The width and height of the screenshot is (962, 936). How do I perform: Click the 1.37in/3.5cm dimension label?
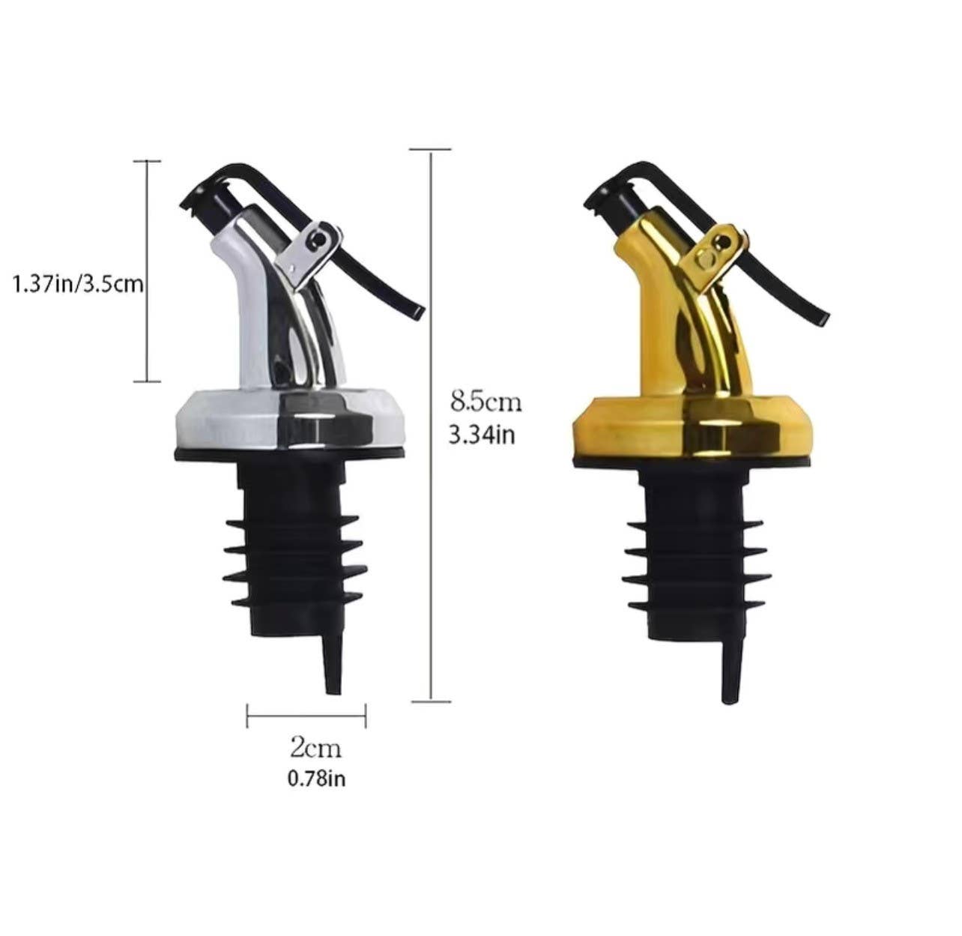pyautogui.click(x=78, y=285)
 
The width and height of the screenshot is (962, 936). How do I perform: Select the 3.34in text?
pyautogui.click(x=481, y=435)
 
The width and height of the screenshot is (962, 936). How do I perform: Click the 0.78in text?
pyautogui.click(x=316, y=779)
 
